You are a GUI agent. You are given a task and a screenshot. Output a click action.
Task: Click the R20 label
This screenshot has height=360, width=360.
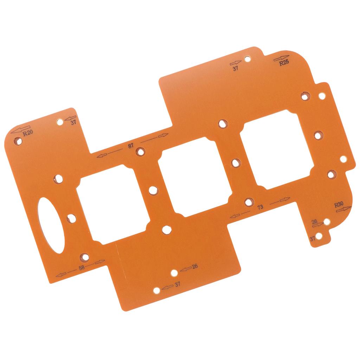coord(28,133)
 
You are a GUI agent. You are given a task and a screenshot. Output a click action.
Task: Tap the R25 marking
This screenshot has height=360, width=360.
coord(284,63)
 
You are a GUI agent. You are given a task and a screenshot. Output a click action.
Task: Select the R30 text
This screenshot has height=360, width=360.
coord(339,204)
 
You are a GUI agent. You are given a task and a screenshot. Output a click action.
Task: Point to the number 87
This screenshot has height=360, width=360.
coord(131,146)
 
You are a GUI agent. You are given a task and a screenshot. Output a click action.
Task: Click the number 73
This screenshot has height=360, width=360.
coord(260,207)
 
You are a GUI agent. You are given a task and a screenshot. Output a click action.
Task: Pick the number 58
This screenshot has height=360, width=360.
coord(82,268)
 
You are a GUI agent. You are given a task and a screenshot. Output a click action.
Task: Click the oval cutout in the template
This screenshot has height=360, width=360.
coord(52,225)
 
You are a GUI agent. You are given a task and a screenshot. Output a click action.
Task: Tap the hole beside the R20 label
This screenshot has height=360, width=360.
coord(18,141)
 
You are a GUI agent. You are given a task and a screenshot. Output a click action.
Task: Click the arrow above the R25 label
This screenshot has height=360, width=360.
coord(281,58)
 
